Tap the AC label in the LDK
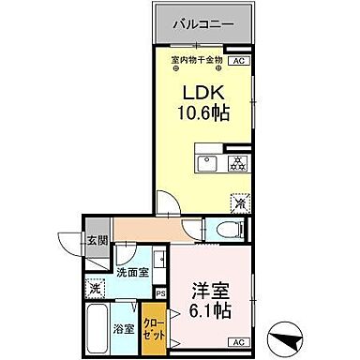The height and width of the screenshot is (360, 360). click(238, 61)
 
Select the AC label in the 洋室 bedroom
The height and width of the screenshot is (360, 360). click(238, 341)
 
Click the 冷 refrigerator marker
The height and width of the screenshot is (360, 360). click(240, 202)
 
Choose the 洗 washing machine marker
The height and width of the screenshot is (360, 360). click(95, 289)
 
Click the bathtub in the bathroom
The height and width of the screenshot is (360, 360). click(97, 330)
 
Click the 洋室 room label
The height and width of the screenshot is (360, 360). click(210, 289)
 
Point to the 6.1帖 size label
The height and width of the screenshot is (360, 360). click(210, 310)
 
